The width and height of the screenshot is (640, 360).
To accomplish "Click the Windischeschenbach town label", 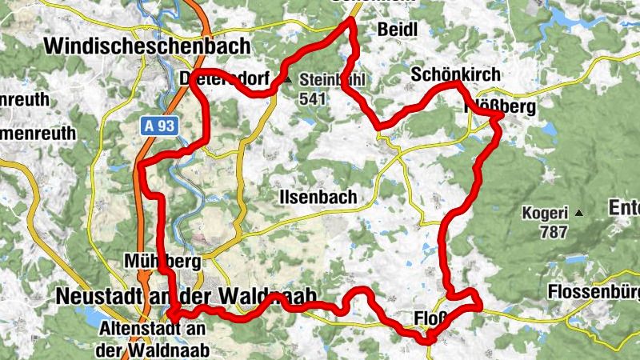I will (148, 46).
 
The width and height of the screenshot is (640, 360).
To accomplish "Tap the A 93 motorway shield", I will (160, 126).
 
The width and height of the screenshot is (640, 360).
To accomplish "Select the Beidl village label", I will (396, 30).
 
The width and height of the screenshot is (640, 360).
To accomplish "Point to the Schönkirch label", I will (455, 74).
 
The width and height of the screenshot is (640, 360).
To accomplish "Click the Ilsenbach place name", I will (318, 197).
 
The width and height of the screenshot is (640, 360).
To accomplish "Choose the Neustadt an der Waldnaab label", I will (187, 296).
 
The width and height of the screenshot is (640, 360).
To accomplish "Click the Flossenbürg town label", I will (595, 292).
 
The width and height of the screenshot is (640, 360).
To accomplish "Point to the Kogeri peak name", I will (544, 214).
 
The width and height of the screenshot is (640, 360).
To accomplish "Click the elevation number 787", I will (554, 233).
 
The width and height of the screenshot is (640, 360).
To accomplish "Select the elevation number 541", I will (313, 98).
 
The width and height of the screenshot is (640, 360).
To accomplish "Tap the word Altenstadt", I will (143, 329).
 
